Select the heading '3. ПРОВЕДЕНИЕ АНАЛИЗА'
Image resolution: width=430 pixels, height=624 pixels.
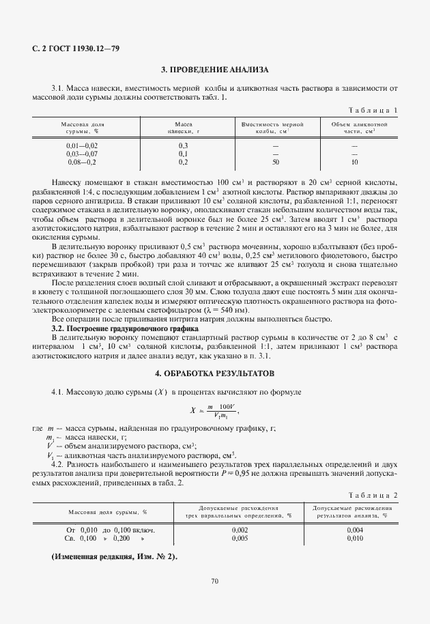tap(214, 70)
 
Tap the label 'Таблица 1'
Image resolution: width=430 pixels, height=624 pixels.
tap(373, 110)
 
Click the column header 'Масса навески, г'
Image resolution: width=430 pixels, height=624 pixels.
tap(182, 128)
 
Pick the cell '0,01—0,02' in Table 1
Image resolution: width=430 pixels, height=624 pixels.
tap(82, 146)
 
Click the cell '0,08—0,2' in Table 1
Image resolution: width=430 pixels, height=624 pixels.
tap(82, 162)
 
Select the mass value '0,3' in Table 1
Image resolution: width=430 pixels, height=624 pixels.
tap(182, 146)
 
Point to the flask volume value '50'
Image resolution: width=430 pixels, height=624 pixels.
tap(276, 162)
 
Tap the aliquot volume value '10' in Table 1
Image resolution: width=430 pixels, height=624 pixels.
tap(354, 162)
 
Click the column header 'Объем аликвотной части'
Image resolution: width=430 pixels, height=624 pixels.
tap(359, 128)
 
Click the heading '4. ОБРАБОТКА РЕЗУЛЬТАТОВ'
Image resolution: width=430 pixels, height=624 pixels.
tap(214, 374)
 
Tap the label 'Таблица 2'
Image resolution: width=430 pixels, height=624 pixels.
tap(373, 494)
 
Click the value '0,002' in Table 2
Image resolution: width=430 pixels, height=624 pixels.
tap(240, 530)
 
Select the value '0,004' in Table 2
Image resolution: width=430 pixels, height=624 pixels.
tap(355, 530)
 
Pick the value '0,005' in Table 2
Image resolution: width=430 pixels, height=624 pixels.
tap(240, 538)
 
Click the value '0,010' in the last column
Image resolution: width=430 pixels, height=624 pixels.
tap(355, 538)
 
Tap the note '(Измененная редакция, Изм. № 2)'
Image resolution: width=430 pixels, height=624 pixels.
tap(114, 557)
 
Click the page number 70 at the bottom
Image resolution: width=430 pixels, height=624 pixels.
tap(214, 581)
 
